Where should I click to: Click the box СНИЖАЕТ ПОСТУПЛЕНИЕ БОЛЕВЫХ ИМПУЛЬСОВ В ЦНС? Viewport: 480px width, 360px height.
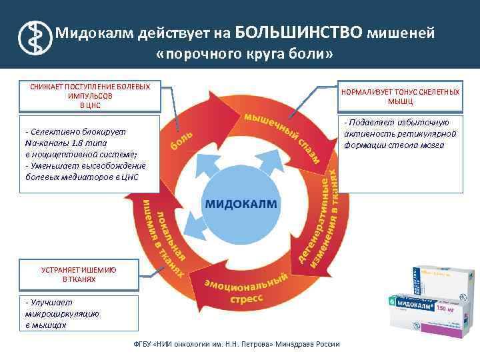[91, 96]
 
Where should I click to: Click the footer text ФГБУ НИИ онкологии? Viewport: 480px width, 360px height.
[237, 345]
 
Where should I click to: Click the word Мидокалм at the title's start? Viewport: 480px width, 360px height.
[93, 32]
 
